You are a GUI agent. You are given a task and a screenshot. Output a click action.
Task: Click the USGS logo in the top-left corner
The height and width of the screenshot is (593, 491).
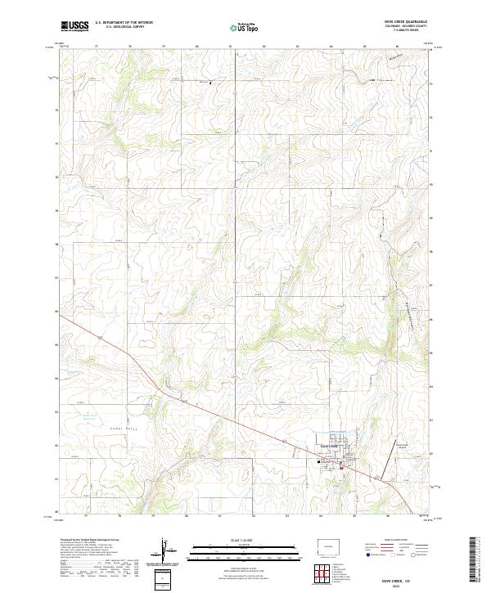75,26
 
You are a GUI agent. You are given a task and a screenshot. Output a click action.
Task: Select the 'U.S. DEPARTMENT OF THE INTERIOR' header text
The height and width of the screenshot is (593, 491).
124,23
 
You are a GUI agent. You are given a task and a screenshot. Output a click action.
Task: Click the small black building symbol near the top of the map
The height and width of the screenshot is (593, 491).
210,83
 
